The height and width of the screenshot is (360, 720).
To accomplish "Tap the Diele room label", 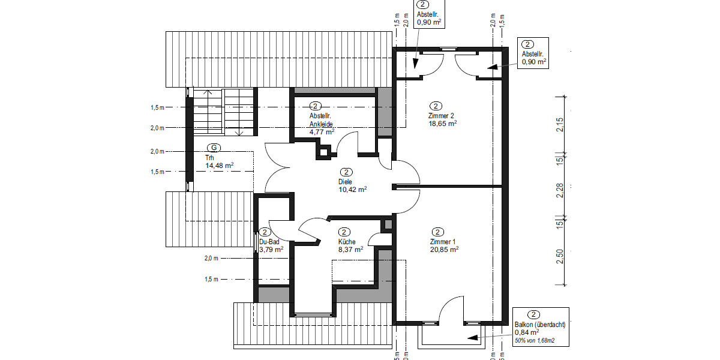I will pyautogui.click(x=345, y=181).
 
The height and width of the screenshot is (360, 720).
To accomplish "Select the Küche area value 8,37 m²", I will pyautogui.click(x=350, y=249).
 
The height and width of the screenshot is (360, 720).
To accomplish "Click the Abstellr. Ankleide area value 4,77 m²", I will pyautogui.click(x=322, y=131).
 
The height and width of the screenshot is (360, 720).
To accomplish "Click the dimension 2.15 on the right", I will pyautogui.click(x=560, y=125).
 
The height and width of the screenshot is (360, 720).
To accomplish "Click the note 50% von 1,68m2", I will pyautogui.click(x=534, y=341).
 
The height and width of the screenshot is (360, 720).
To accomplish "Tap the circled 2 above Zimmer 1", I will pyautogui.click(x=438, y=232).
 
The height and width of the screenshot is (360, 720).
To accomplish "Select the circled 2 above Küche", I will pyautogui.click(x=344, y=232).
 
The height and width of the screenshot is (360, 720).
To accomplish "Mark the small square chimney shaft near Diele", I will pyautogui.click(x=325, y=151).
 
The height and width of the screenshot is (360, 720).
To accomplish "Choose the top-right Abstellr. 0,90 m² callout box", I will pyautogui.click(x=533, y=53).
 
